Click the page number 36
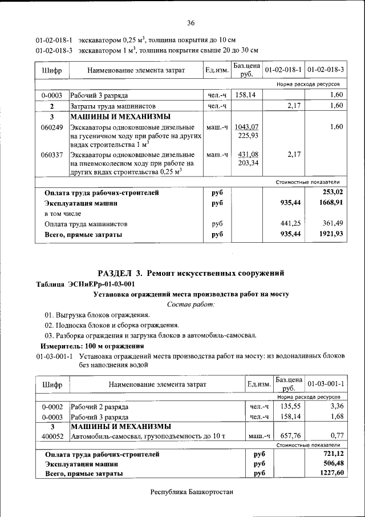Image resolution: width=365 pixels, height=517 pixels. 190,23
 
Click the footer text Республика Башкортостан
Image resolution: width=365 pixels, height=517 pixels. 192,492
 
